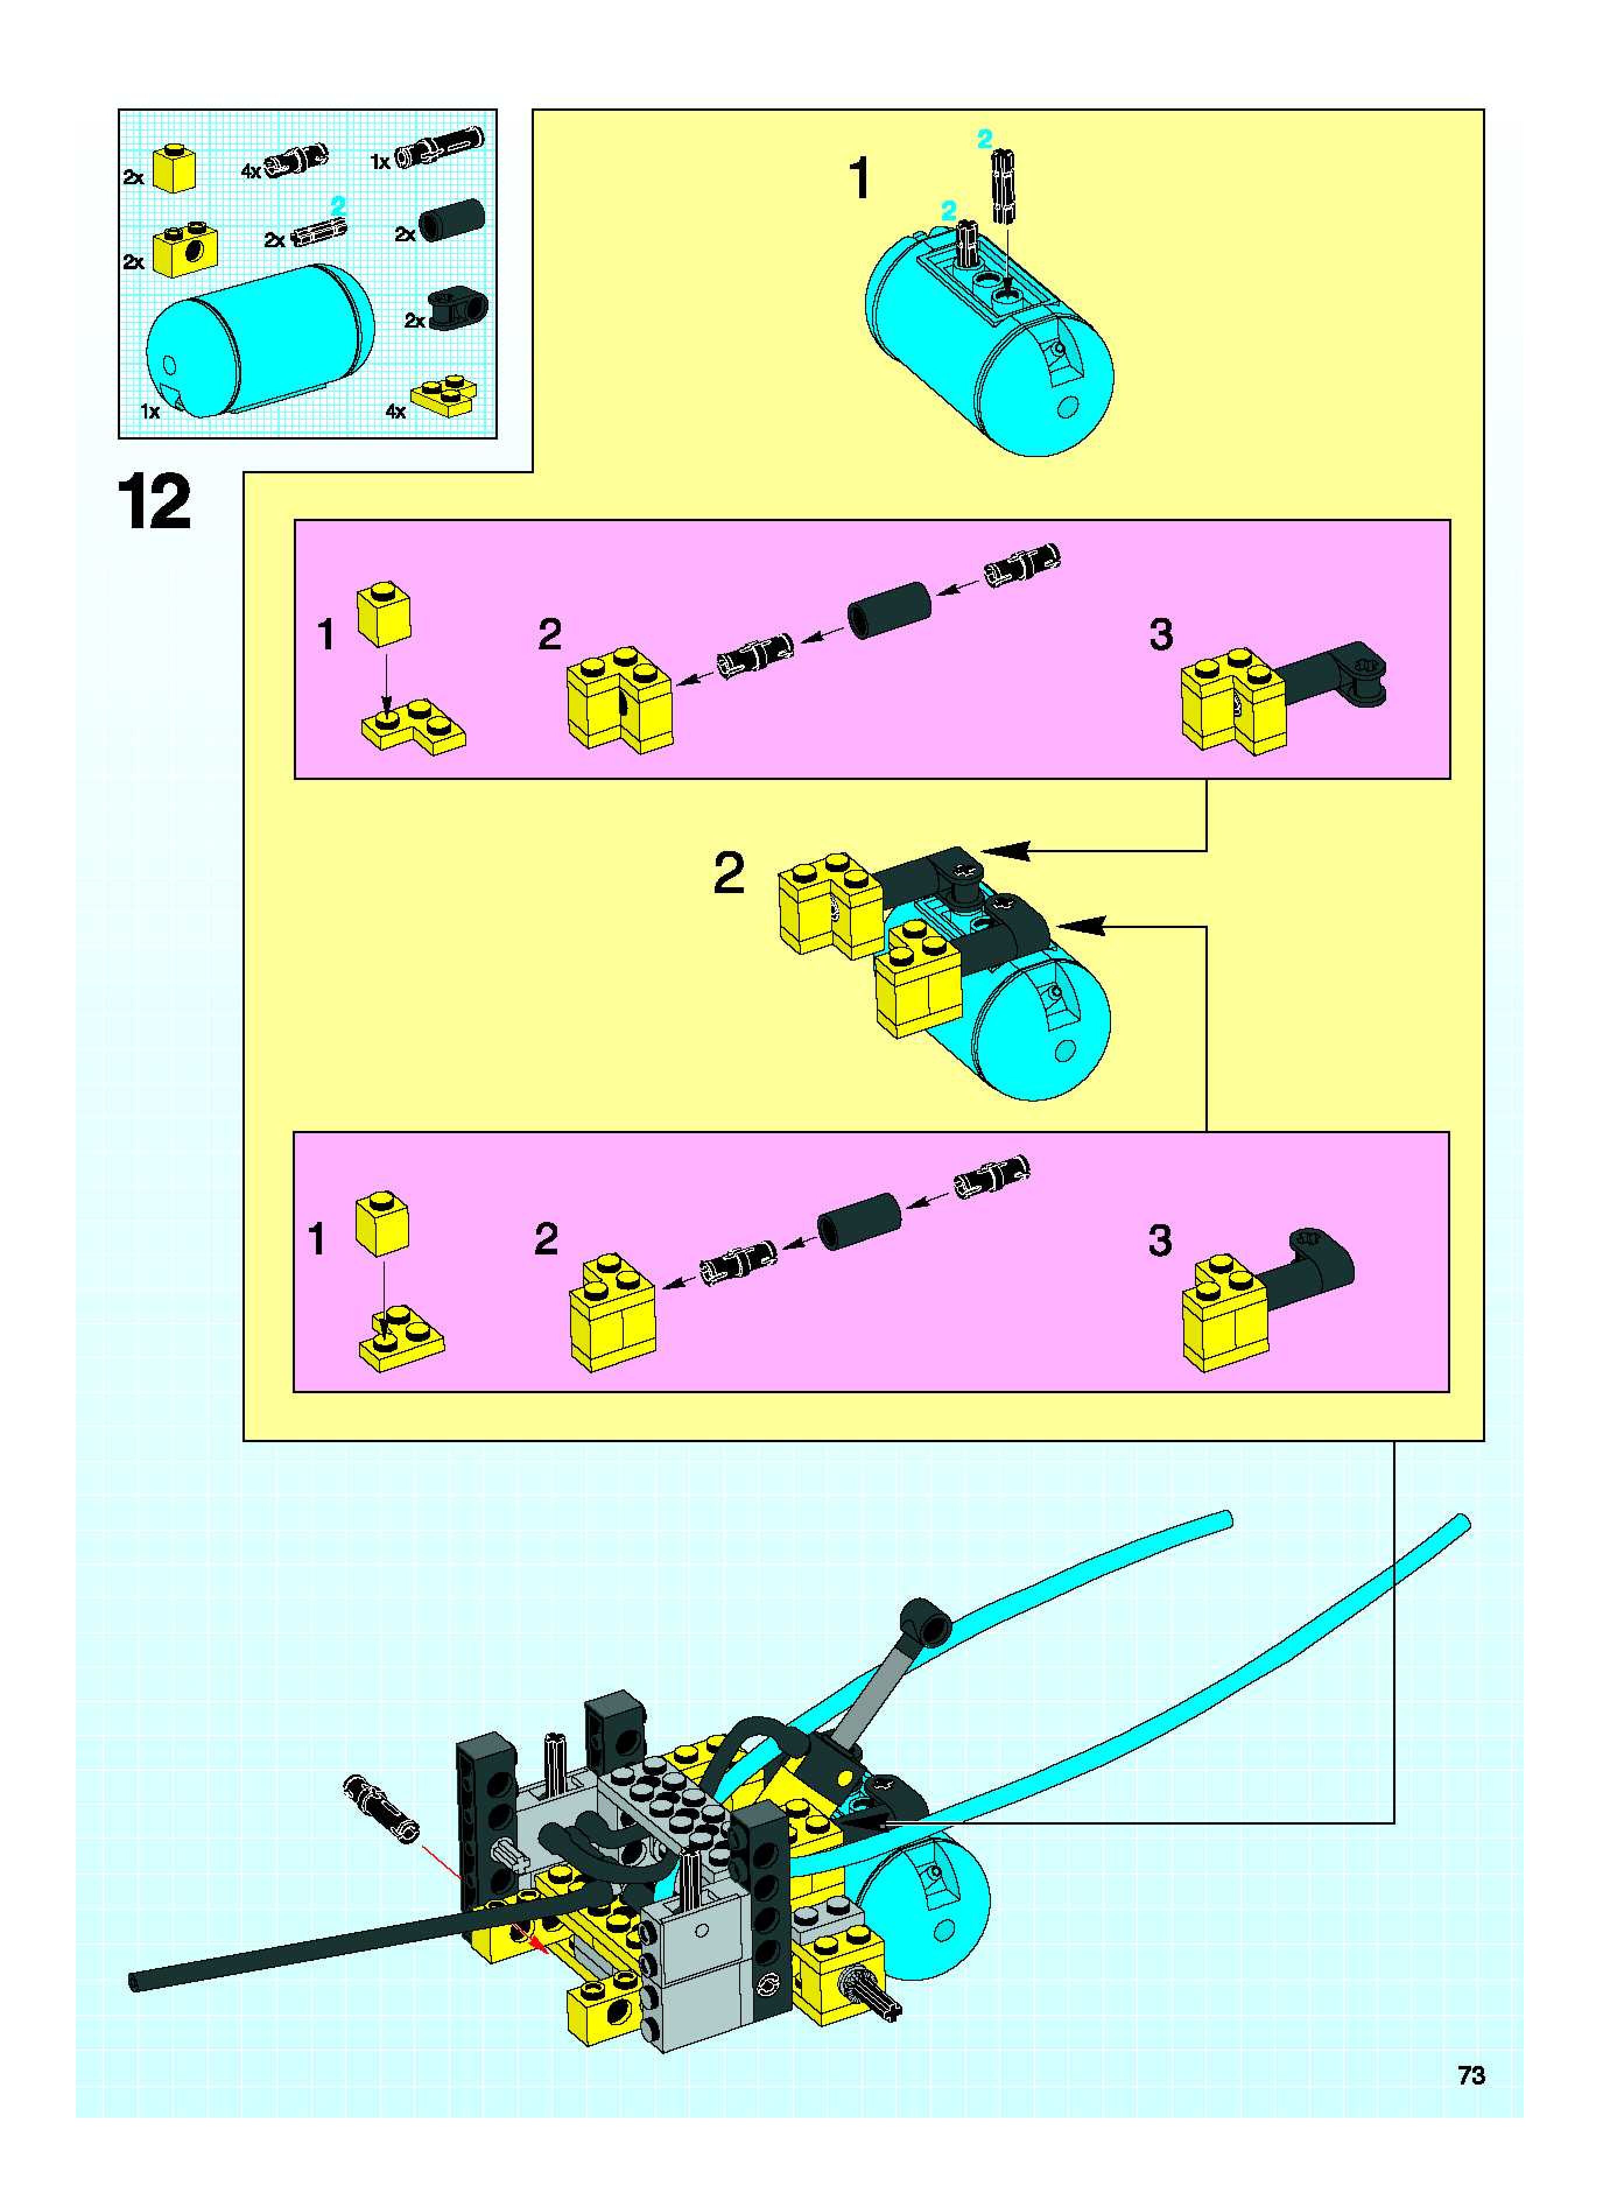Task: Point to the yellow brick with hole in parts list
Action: pos(184,251)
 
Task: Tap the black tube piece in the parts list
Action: pos(451,219)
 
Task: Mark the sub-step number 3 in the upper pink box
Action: pos(1161,635)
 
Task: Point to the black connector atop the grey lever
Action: pos(924,1619)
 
